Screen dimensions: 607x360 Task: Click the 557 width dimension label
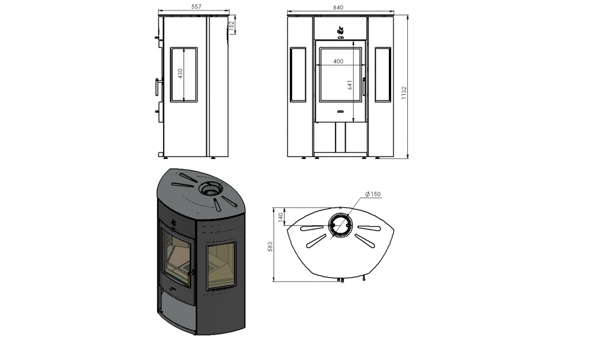click(x=196, y=7)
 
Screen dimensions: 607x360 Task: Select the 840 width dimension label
click(x=338, y=7)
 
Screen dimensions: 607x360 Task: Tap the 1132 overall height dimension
click(x=404, y=93)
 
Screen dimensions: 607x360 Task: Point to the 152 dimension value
click(x=232, y=26)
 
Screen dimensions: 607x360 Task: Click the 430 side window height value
click(x=180, y=74)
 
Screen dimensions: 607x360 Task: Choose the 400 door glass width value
click(x=338, y=61)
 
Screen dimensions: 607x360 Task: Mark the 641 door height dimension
click(x=350, y=85)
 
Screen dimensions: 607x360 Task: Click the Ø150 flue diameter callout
click(x=373, y=194)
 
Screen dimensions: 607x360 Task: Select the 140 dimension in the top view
click(x=280, y=218)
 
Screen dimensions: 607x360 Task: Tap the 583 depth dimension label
click(x=270, y=247)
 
